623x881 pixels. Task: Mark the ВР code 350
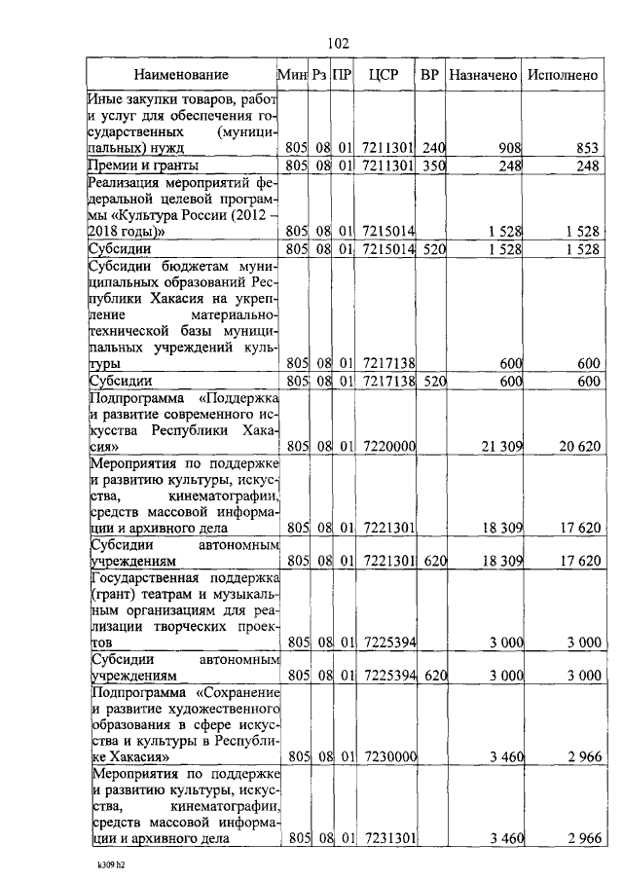coord(433,166)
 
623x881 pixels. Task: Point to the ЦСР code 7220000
coord(387,447)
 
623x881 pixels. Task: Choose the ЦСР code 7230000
coord(387,756)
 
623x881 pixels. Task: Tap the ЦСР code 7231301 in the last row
coord(387,837)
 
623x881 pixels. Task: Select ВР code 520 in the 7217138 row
coord(433,382)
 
